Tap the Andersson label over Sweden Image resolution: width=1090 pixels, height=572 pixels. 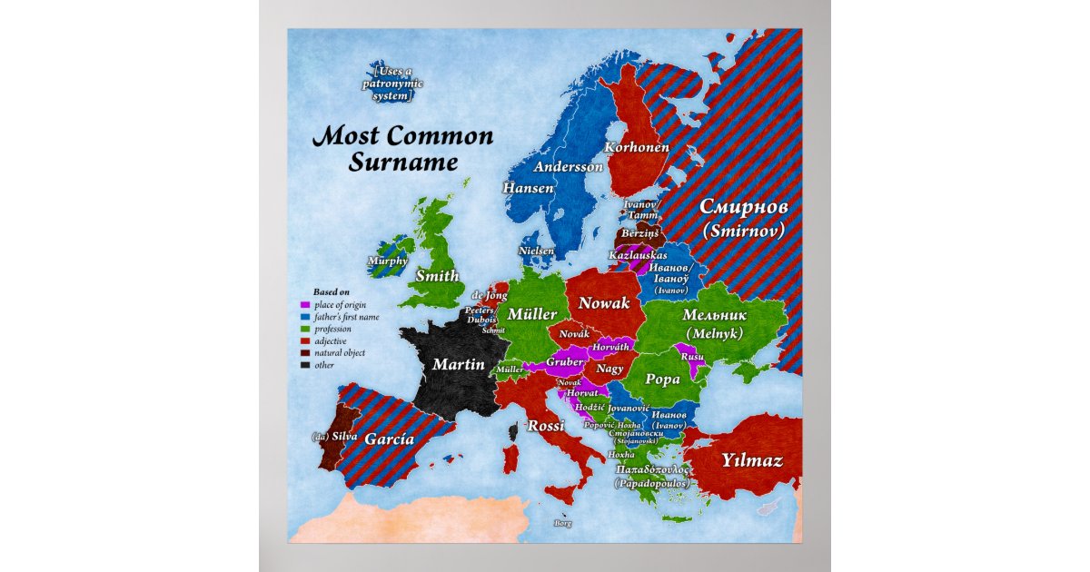click(568, 167)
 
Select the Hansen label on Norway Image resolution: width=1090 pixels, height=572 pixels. click(528, 188)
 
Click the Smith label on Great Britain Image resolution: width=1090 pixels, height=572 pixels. click(438, 276)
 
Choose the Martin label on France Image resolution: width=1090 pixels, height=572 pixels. click(451, 365)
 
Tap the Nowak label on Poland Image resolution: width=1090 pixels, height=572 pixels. click(604, 302)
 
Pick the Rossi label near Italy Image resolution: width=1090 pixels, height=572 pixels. click(546, 425)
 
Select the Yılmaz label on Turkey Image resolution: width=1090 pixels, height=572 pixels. click(751, 460)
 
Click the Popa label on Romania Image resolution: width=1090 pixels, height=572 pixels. click(662, 380)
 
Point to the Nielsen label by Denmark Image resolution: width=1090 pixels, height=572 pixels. click(536, 251)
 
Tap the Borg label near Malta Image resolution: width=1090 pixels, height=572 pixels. click(562, 523)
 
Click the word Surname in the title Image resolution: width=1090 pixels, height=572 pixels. click(402, 163)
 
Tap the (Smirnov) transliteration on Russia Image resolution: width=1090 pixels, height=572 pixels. click(743, 231)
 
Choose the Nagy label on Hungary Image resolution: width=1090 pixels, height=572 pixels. click(609, 369)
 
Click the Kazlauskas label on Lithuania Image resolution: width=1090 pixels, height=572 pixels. click(637, 257)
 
